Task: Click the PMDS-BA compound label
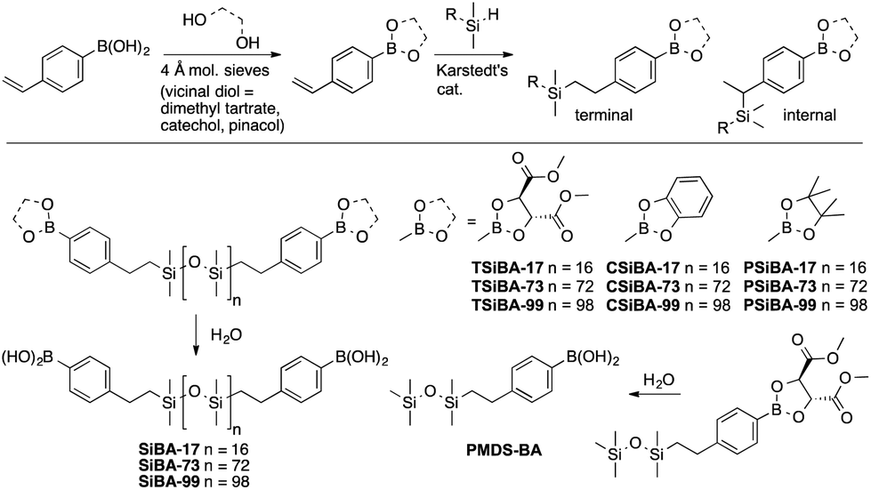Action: click(x=504, y=450)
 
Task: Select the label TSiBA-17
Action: click(x=507, y=268)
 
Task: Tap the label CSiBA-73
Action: click(x=643, y=286)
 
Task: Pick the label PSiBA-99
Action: click(x=779, y=305)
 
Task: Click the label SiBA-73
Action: click(x=167, y=465)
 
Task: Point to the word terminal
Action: click(x=604, y=116)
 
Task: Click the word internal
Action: click(x=810, y=116)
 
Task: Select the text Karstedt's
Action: click(x=472, y=71)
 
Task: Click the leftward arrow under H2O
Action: click(x=655, y=394)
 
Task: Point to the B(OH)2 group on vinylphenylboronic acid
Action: click(x=124, y=50)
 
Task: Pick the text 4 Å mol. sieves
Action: click(x=215, y=71)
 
